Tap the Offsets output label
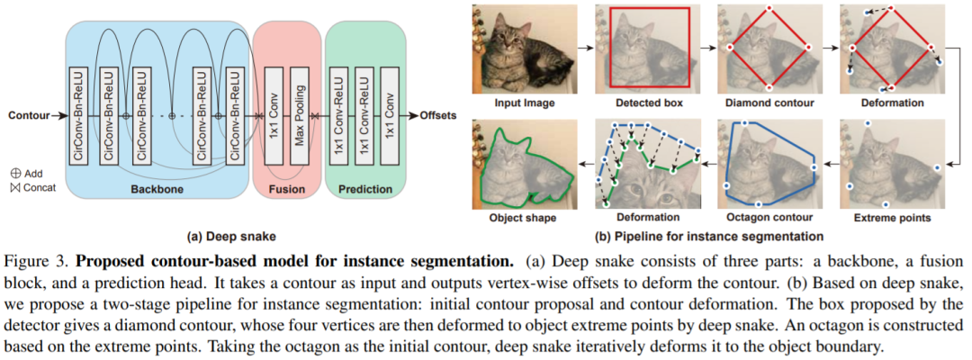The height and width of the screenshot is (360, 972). [437, 116]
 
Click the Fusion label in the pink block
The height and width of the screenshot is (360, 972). [287, 190]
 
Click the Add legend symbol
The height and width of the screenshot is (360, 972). [15, 173]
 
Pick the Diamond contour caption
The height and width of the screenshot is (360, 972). [768, 103]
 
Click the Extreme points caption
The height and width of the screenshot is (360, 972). [890, 218]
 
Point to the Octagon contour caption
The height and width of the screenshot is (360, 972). [768, 218]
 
